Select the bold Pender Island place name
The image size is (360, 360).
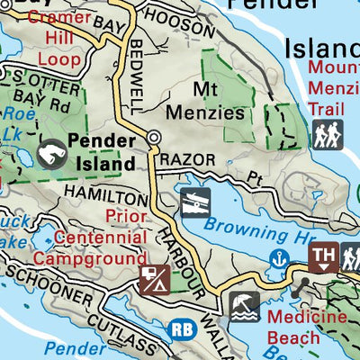point(103,152)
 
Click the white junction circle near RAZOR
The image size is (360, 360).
point(155,138)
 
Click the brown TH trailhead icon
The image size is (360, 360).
point(323,258)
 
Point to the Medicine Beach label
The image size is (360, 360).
point(306,328)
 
